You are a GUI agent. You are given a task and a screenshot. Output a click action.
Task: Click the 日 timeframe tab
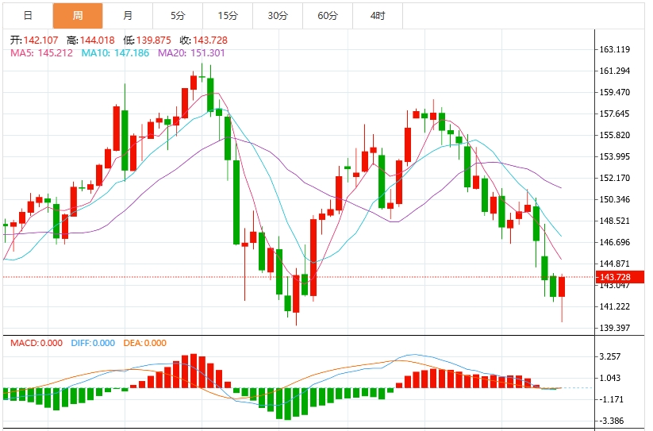click(28, 16)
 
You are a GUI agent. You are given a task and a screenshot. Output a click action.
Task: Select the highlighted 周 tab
click(77, 16)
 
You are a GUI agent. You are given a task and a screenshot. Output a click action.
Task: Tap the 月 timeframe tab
click(128, 16)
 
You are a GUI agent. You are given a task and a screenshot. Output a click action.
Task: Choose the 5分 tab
click(178, 16)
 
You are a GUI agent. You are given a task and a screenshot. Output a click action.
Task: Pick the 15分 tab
click(228, 16)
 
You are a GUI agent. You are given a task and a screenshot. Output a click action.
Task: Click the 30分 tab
click(278, 16)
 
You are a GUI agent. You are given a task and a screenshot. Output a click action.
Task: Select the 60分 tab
click(328, 16)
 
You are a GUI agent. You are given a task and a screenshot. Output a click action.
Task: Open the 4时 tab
click(378, 16)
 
